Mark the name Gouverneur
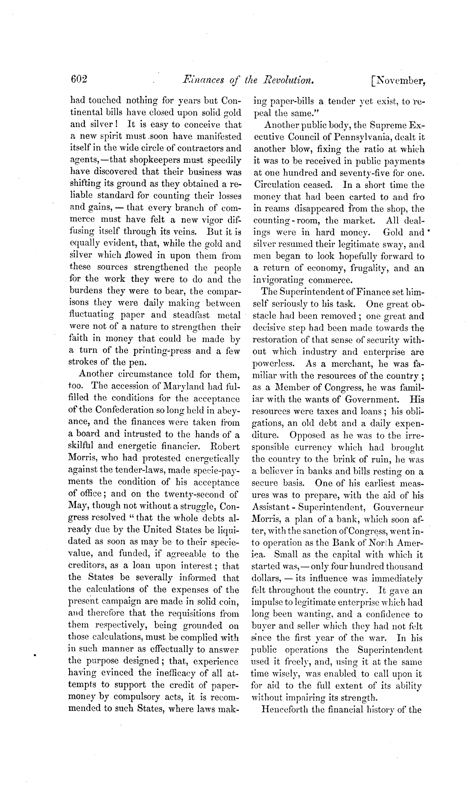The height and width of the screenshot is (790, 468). tap(398, 507)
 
